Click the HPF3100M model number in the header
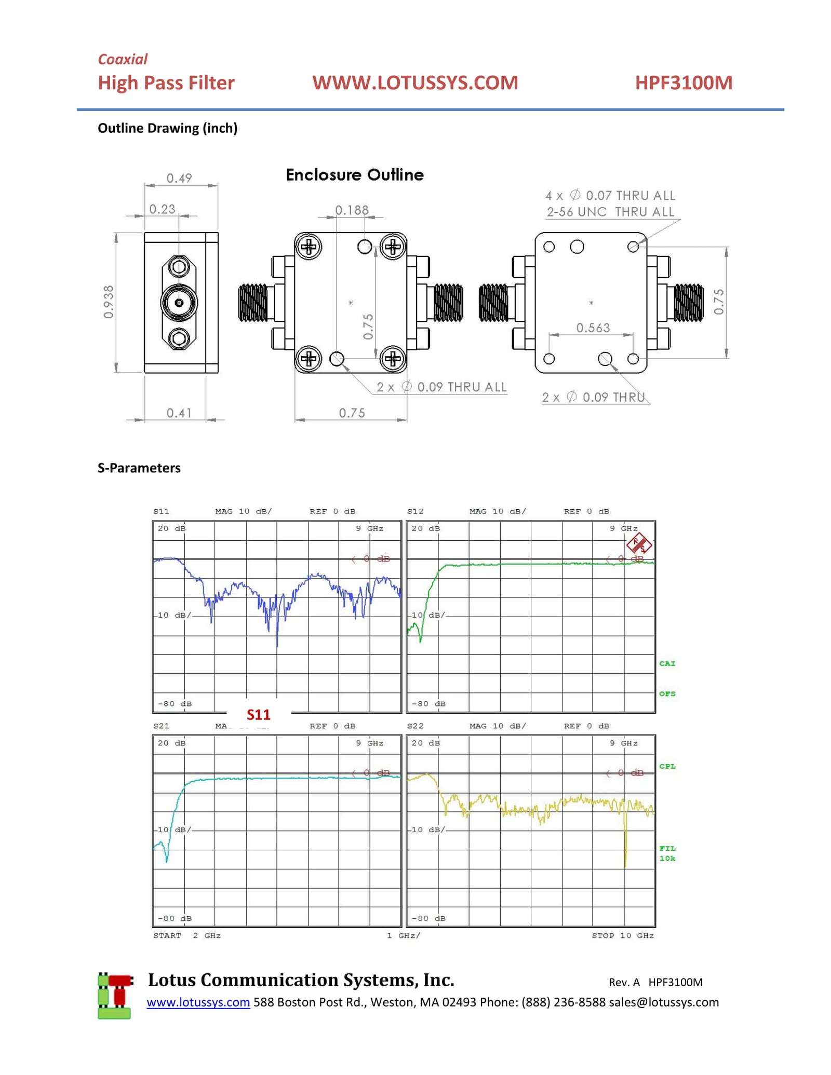coord(683,83)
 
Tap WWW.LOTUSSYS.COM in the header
coord(415,83)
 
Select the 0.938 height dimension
coord(108,302)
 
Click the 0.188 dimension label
coord(352,210)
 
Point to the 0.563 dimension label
coord(593,328)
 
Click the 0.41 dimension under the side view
coord(179,413)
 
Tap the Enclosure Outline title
coord(355,175)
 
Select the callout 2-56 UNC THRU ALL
coord(610,212)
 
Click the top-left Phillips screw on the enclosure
coord(309,247)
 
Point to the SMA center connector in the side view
coord(179,303)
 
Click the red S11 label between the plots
coord(258,715)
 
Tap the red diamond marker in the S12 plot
coord(639,544)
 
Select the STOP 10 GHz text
coord(622,935)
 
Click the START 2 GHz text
coord(186,935)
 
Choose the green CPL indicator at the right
coord(667,766)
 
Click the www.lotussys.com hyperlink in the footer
coord(198,1002)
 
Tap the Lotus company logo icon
coord(115,996)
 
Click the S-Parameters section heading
coord(139,468)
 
